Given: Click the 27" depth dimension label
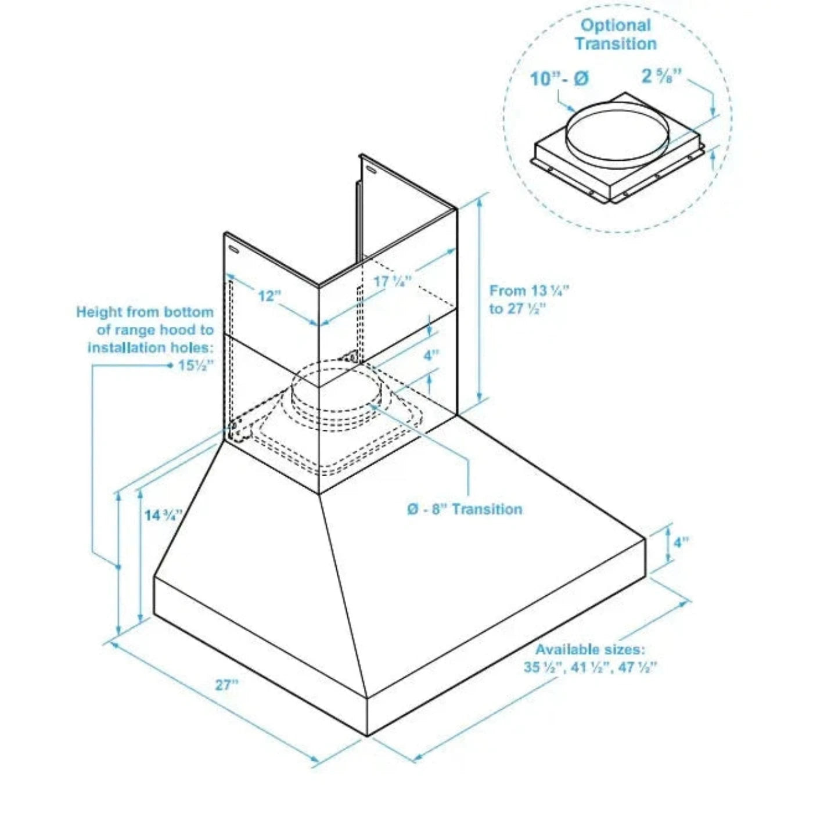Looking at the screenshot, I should coord(226,685).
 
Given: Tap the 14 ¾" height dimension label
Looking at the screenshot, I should coord(163,515).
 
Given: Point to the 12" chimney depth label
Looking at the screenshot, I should coord(269,296).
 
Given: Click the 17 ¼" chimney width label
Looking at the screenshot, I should coord(392,282).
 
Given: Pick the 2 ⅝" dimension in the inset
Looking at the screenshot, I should coord(661,76).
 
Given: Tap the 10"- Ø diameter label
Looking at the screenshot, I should coord(559,78).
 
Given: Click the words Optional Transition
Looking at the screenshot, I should coord(616,34).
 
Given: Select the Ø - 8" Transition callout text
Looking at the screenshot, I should coord(465,509).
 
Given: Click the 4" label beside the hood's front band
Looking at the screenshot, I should coord(681,542).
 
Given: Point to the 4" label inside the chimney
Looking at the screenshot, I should coord(431,355).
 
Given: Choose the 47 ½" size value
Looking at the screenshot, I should coord(637,667).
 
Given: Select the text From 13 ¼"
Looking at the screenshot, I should coord(529,290).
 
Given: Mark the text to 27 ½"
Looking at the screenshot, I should coord(517,308).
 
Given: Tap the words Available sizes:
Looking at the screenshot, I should coord(590,649).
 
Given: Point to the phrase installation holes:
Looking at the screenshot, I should coord(150,348).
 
